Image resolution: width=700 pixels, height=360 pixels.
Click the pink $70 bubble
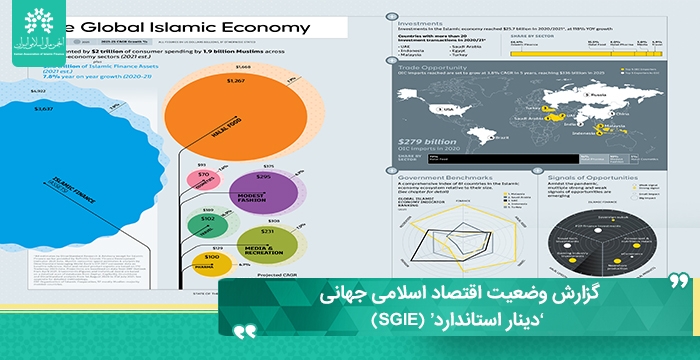(204, 179)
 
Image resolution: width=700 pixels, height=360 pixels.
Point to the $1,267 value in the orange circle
(236, 80)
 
